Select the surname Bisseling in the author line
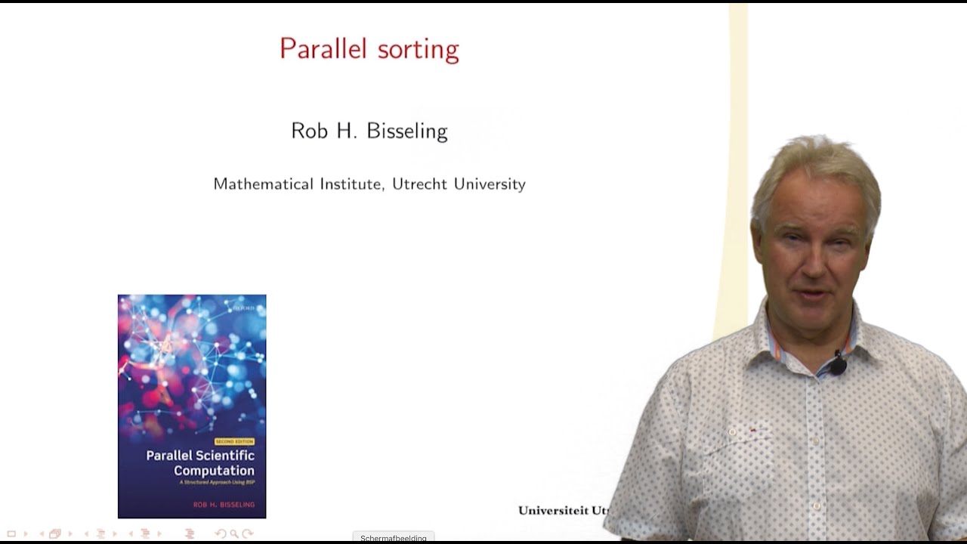pos(407,131)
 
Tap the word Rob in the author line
pos(309,131)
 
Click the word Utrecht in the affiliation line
pos(419,184)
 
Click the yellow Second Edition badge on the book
pos(234,441)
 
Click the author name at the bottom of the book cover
pos(224,504)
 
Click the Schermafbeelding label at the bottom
pos(393,538)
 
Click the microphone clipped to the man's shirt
pos(838,366)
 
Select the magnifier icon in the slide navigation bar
pos(234,533)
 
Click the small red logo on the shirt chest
pos(752,431)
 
